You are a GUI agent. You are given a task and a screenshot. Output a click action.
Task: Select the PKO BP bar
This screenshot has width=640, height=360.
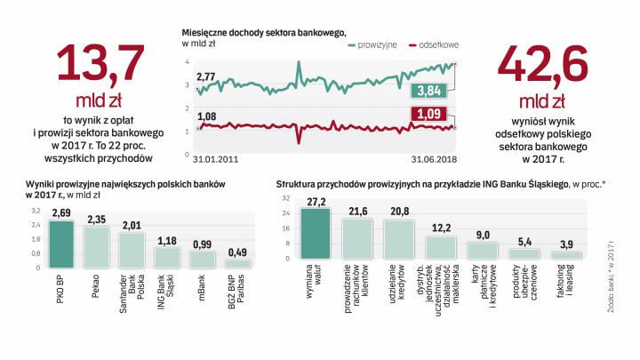60,244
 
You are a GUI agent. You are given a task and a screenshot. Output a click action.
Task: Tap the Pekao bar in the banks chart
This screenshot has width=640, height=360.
96,248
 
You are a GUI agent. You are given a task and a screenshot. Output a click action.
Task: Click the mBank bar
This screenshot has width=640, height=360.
203,260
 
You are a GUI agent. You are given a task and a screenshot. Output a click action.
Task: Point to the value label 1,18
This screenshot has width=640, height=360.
167,239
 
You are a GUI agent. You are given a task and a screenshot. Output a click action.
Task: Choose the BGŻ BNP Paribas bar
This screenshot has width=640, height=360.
237,264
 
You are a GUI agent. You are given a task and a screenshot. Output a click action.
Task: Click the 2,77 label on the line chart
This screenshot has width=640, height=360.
207,78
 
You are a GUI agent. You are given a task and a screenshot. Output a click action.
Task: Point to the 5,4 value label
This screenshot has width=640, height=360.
524,242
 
